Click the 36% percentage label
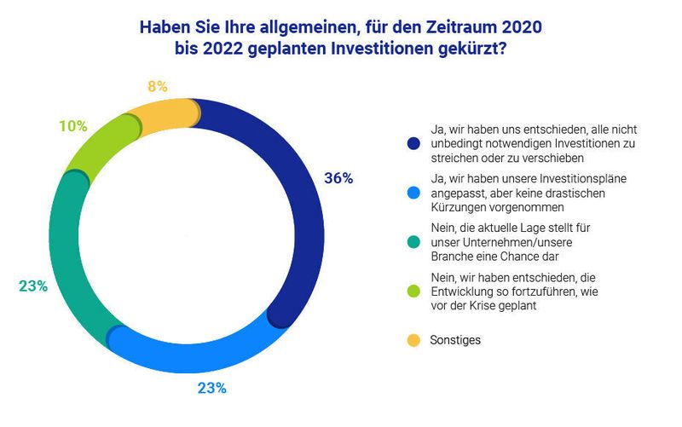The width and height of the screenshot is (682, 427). [x=338, y=179]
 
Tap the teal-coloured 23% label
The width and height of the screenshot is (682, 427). [x=32, y=286]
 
